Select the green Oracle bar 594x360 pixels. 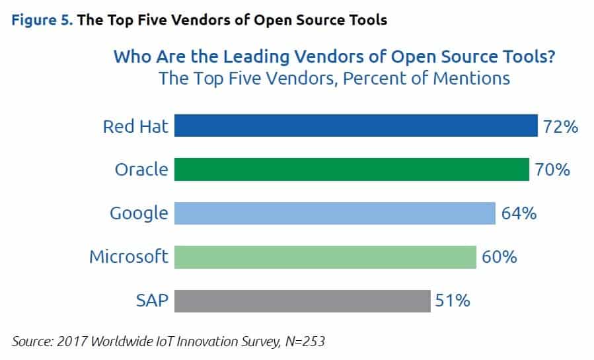352,169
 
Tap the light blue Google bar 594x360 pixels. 334,213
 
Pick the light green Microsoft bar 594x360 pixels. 325,256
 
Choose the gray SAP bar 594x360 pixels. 303,301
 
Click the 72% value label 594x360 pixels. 560,126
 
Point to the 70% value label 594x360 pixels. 552,170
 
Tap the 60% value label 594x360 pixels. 499,257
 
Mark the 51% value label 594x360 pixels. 453,301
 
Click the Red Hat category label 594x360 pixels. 135,126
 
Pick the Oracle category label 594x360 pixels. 141,170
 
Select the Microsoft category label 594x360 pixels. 129,256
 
